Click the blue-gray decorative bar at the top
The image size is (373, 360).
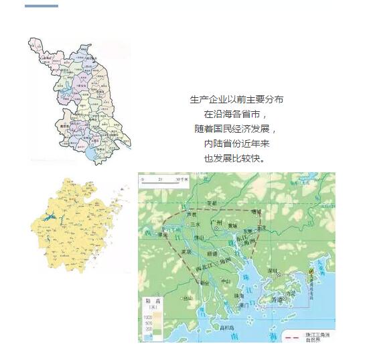click(x=41, y=6)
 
